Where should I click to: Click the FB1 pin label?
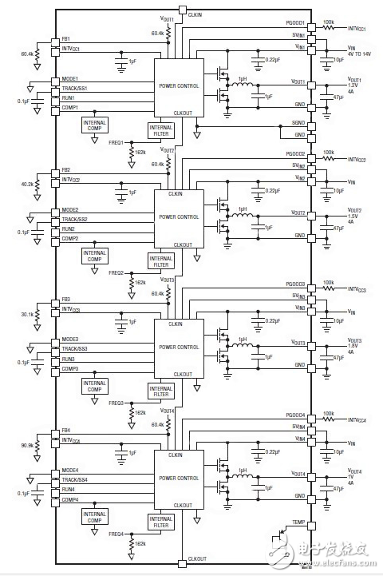[x=66, y=39]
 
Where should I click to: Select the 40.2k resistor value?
[x=26, y=184]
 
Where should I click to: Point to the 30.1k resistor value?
[x=26, y=314]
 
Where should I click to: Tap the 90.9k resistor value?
[x=26, y=445]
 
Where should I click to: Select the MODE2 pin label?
[x=69, y=210]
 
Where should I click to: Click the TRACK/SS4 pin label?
[x=75, y=479]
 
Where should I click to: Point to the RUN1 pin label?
[x=69, y=97]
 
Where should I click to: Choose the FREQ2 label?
[x=116, y=272]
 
